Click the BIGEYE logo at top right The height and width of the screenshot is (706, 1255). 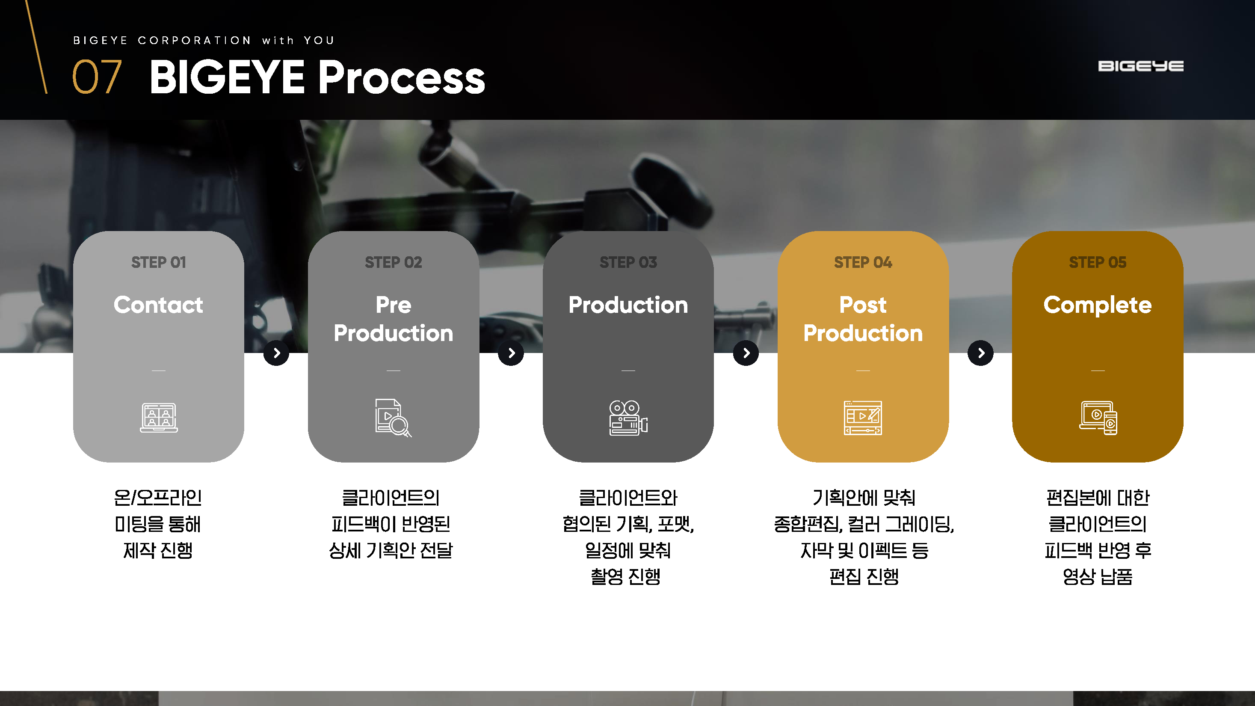[1140, 66]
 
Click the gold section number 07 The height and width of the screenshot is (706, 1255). [97, 77]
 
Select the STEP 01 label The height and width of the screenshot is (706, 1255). [158, 263]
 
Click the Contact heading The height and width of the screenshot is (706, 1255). [158, 305]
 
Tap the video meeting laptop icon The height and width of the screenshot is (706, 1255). [159, 418]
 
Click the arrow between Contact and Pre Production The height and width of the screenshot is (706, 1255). [276, 353]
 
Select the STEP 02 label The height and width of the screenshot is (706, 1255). [393, 263]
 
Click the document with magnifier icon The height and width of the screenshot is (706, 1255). [393, 418]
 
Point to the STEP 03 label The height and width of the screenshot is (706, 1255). [628, 263]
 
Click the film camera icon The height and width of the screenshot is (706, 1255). [628, 418]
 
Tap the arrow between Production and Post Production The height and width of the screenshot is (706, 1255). [746, 353]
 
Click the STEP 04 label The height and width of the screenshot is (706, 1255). [863, 263]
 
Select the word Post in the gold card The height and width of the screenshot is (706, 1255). [863, 305]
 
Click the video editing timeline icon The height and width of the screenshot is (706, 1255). [863, 418]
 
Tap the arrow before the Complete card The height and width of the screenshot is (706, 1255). [980, 353]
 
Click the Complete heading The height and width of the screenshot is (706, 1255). [1097, 305]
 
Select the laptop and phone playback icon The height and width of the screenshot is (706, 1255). [1098, 418]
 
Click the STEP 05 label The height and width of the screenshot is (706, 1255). [1097, 263]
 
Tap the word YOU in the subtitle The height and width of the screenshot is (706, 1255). [319, 41]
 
